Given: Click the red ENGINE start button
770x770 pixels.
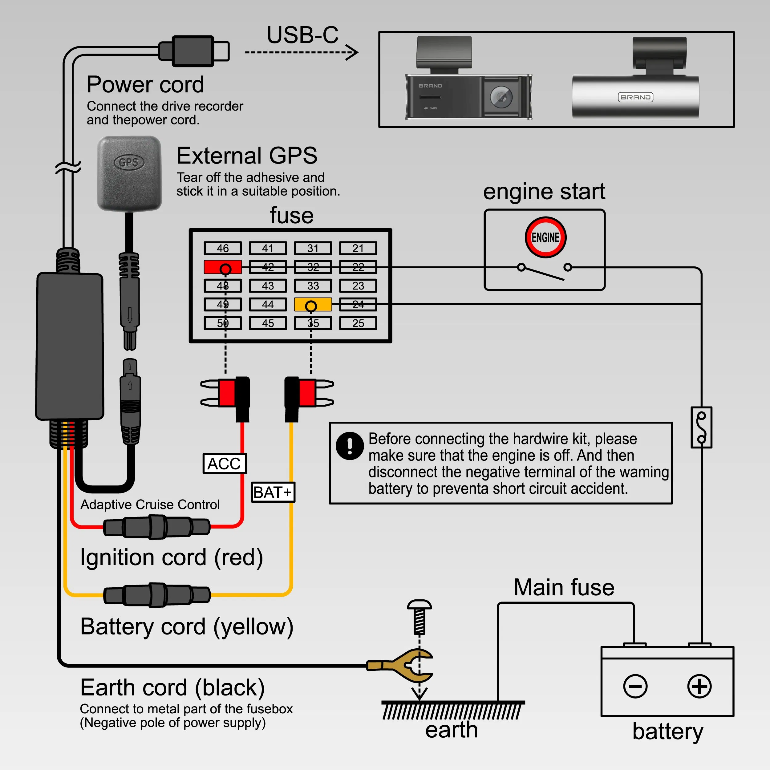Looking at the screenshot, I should (545, 237).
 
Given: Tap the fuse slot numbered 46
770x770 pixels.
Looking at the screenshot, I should (222, 248).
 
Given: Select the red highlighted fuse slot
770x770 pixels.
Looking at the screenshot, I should (222, 267).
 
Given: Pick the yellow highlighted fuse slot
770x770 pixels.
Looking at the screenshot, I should (313, 305).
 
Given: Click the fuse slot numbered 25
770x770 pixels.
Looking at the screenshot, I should (358, 323).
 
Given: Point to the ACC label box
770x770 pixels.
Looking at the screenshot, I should (225, 464).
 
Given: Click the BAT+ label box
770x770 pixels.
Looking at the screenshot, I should (273, 492).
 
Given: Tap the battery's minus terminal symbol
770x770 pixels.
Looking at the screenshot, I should (635, 686).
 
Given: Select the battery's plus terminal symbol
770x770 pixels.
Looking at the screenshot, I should (699, 686).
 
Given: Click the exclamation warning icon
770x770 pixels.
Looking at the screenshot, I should (350, 446).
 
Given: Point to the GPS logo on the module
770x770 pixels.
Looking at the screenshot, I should (129, 162).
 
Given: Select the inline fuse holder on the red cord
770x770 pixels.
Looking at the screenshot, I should (157, 527).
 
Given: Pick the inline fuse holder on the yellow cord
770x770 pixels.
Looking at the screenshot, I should (157, 595).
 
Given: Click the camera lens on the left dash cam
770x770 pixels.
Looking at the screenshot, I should (501, 97).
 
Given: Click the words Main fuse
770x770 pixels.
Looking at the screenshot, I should (564, 587).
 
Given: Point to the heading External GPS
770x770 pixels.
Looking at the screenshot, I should (247, 156).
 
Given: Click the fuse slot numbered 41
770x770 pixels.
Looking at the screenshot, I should (268, 248).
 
